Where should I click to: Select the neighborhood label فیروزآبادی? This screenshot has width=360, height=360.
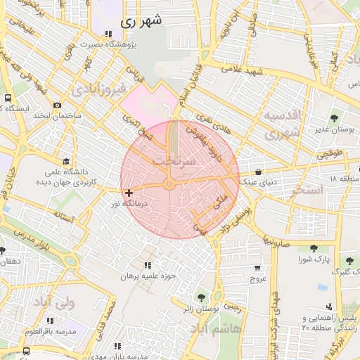[98, 90]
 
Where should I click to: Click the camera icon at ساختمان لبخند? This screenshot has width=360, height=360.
[57, 105]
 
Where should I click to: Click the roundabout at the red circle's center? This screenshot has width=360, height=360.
[169, 184]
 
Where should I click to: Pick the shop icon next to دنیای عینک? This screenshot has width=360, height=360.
[259, 172]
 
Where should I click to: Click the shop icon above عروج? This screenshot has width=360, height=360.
[257, 267]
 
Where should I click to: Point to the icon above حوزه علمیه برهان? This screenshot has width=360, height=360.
[147, 265]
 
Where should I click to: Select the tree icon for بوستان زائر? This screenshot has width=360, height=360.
[202, 297]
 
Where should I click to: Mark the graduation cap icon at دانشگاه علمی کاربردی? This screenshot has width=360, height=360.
[66, 162]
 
